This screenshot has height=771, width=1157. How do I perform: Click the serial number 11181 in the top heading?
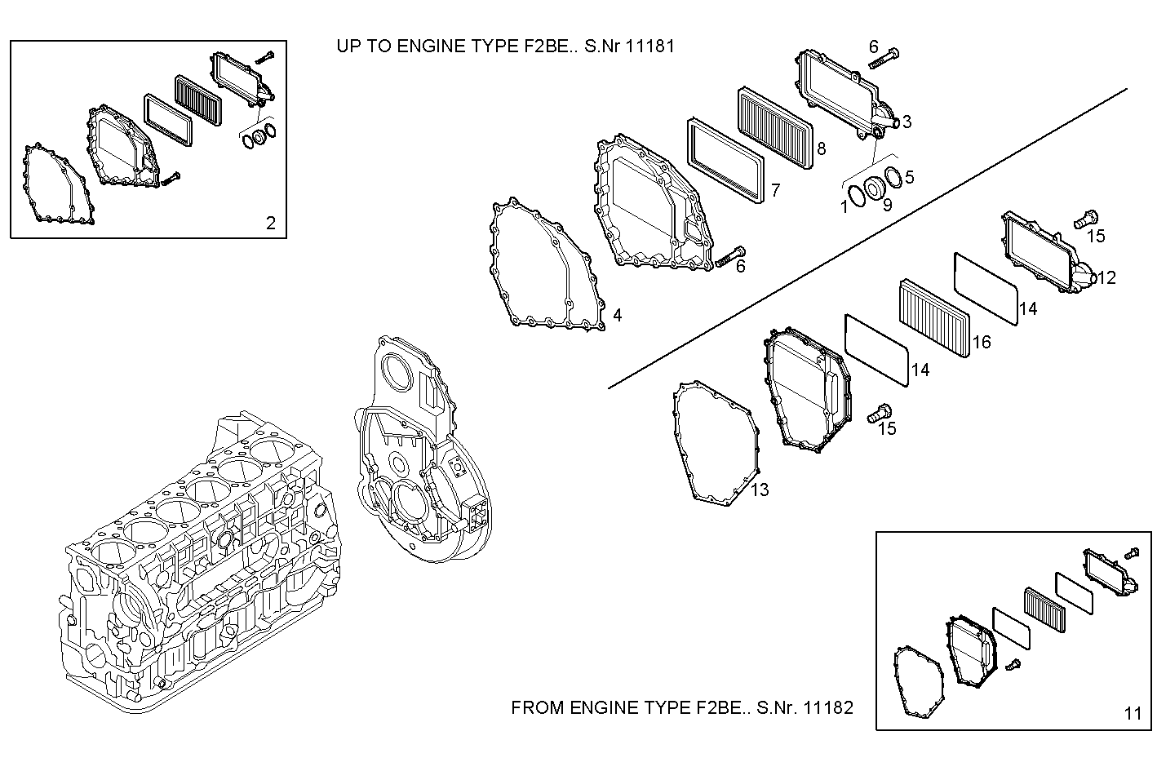[x=650, y=46]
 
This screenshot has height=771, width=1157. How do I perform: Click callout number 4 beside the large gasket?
[x=618, y=315]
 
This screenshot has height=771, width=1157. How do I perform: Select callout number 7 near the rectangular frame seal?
[x=775, y=191]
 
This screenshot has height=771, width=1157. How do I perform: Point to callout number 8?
[x=821, y=148]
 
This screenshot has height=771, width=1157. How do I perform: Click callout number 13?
[x=760, y=490]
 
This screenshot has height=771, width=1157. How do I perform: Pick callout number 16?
[x=982, y=342]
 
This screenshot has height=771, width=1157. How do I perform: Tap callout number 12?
[x=1106, y=278]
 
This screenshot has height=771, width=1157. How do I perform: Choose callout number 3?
[x=907, y=122]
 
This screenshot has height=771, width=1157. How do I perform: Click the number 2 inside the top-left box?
[x=271, y=223]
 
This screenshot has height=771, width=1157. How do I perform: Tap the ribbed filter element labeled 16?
[x=933, y=318]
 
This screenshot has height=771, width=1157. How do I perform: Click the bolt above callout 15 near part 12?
[x=1086, y=219]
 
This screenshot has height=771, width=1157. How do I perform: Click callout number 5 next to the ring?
[x=909, y=177]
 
